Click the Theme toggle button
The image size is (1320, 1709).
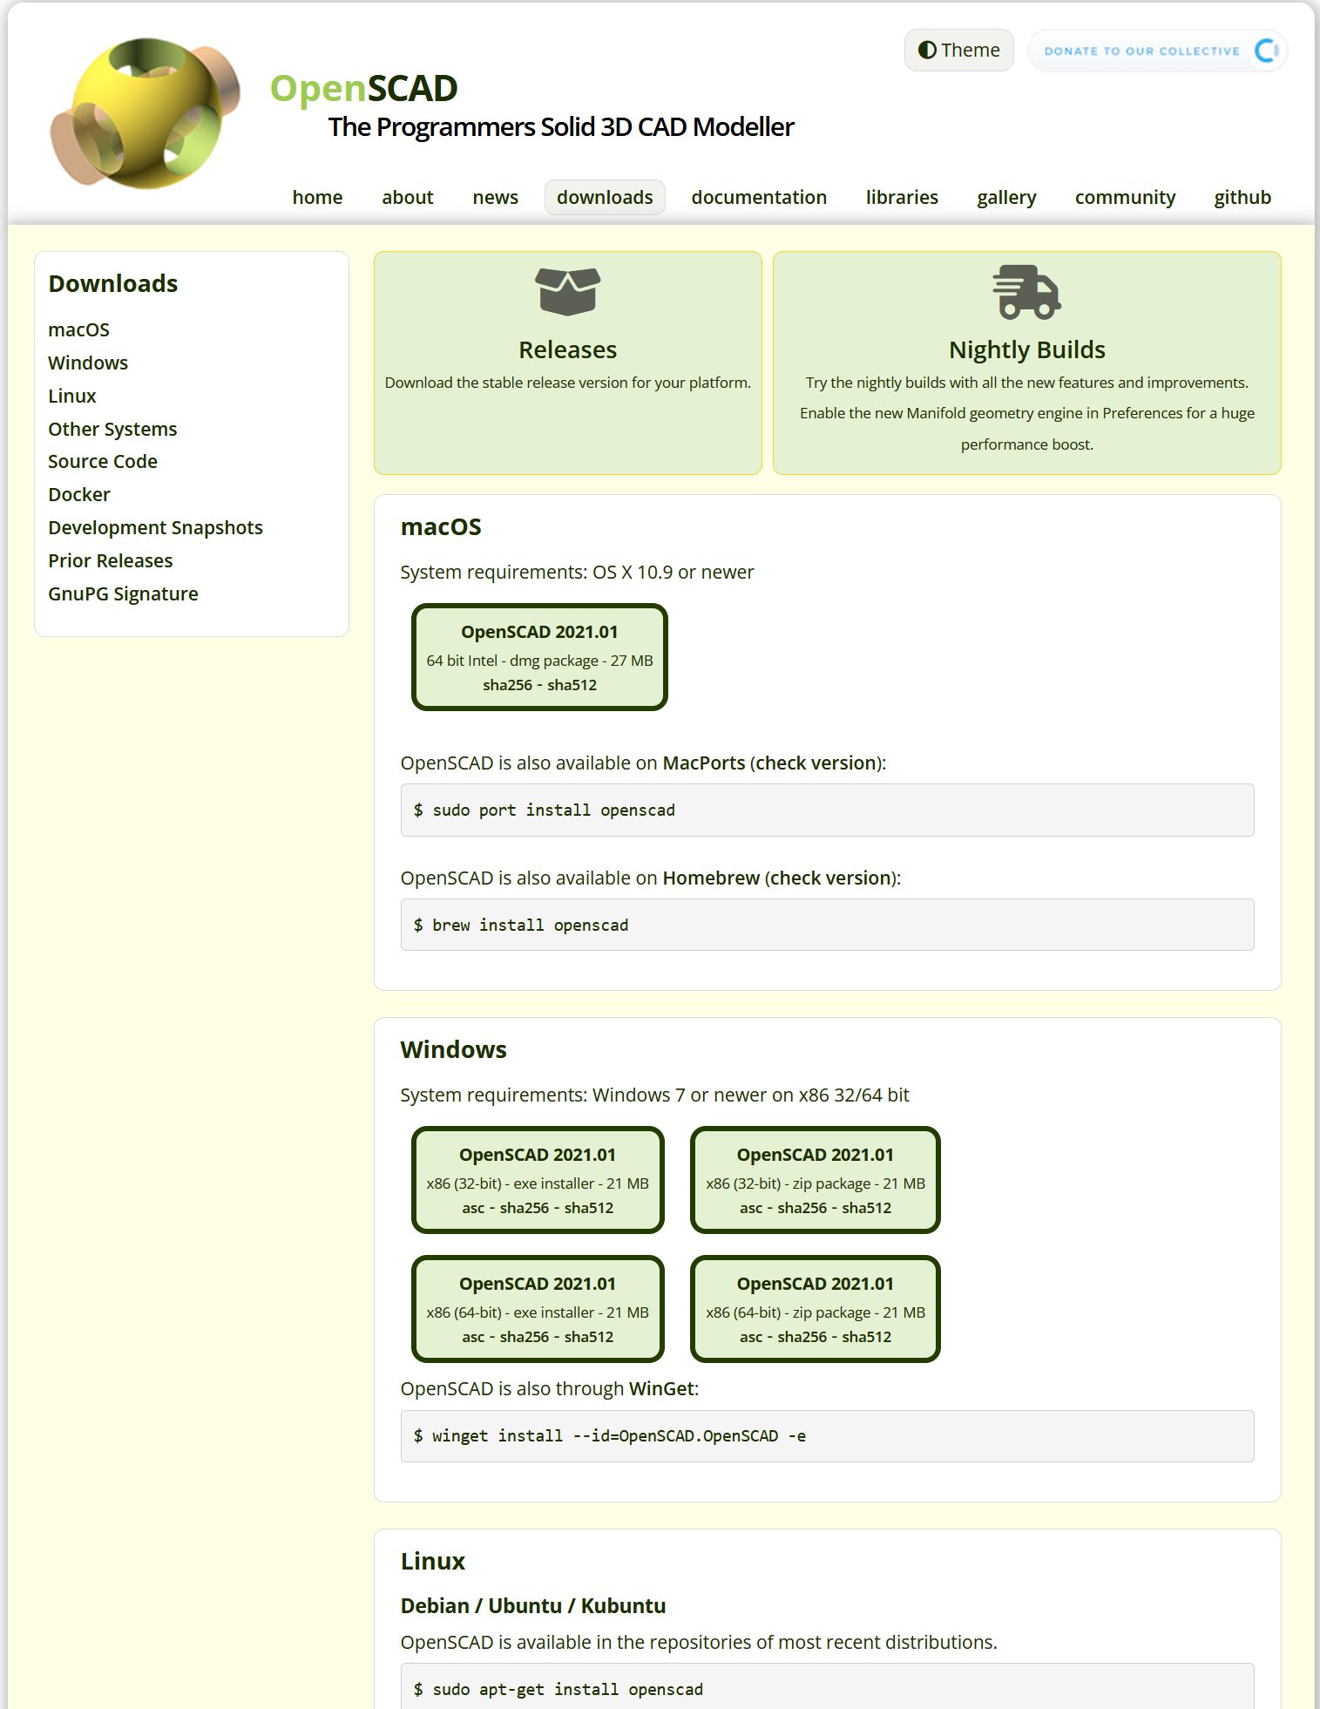pyautogui.click(x=958, y=51)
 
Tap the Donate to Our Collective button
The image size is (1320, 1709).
pyautogui.click(x=1156, y=51)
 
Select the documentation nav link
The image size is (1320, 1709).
pyautogui.click(x=758, y=198)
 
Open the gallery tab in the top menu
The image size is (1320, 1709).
pyautogui.click(x=1005, y=198)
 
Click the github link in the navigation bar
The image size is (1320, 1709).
pyautogui.click(x=1242, y=198)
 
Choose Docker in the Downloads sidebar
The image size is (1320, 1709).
pyautogui.click(x=79, y=494)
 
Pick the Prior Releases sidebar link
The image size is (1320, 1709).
pyautogui.click(x=111, y=560)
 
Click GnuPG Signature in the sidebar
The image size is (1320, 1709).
pyautogui.click(x=123, y=593)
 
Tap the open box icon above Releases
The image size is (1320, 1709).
pyautogui.click(x=567, y=291)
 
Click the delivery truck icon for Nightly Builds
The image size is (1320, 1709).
pyautogui.click(x=1026, y=292)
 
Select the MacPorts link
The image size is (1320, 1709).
pyautogui.click(x=703, y=763)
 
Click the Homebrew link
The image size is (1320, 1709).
pyautogui.click(x=711, y=878)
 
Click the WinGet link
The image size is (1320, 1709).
pyautogui.click(x=661, y=1388)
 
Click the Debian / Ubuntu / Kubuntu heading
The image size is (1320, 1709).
pyautogui.click(x=532, y=1605)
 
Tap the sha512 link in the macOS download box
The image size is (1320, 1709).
pyautogui.click(x=572, y=685)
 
